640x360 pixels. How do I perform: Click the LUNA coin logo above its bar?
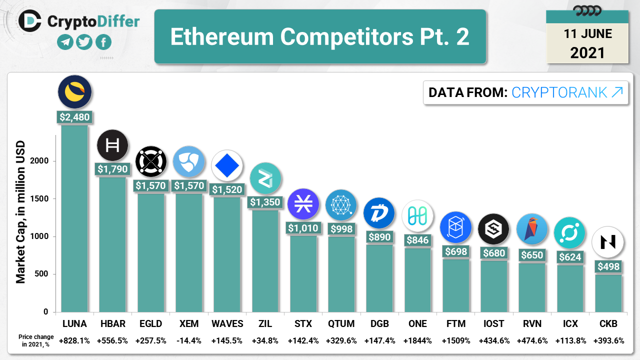click(x=74, y=92)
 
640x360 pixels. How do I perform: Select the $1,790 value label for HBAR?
click(x=112, y=169)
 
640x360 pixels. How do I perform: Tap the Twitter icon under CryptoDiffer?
click(x=84, y=42)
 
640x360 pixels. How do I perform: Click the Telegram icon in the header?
click(x=65, y=42)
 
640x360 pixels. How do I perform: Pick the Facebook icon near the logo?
click(x=103, y=42)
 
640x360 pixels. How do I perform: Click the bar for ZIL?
click(x=265, y=260)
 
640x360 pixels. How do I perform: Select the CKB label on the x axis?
click(x=607, y=323)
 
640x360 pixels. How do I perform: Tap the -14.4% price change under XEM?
click(x=188, y=341)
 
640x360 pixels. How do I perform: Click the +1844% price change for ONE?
click(x=417, y=341)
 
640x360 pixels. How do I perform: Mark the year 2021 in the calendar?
click(x=587, y=52)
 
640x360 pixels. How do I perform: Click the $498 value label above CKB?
click(x=607, y=266)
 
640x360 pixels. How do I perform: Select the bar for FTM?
click(x=456, y=285)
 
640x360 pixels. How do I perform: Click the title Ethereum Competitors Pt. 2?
click(x=320, y=37)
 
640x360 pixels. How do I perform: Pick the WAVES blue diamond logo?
click(x=226, y=165)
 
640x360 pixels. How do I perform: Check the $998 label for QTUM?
click(x=341, y=228)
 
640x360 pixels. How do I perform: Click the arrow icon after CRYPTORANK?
click(x=617, y=92)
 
